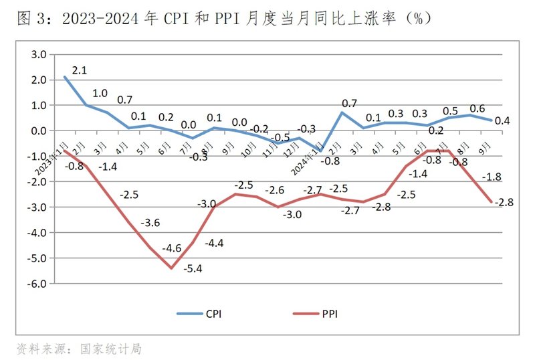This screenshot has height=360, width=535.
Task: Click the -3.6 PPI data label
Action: click(x=152, y=223)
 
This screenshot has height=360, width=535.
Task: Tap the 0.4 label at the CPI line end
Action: click(x=502, y=120)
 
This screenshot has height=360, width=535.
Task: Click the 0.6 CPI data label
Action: click(x=477, y=109)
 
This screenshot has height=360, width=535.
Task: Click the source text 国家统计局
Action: click(x=110, y=349)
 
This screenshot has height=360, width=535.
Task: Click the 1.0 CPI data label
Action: click(x=100, y=94)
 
